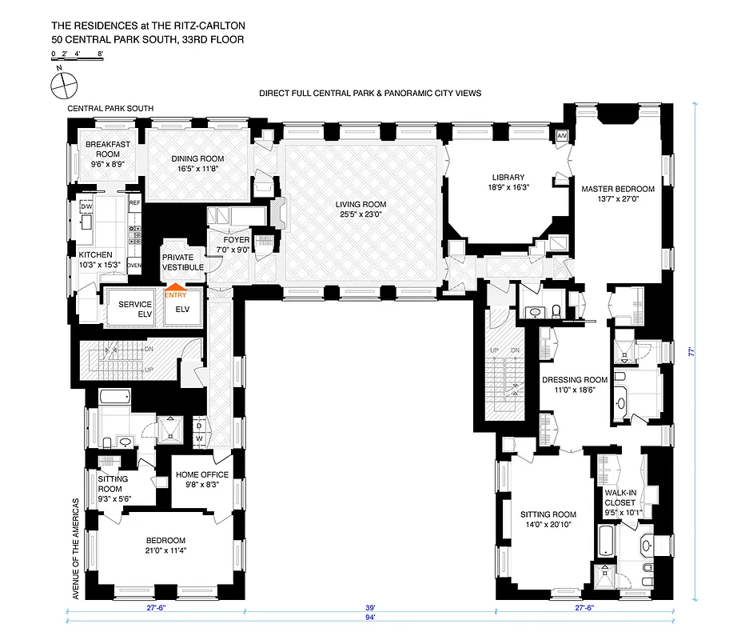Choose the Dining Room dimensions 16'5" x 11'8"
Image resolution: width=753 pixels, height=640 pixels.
197,169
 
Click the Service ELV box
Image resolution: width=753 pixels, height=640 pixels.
135,309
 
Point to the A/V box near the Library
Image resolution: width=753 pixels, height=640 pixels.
561,135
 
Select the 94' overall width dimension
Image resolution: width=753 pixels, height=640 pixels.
369,618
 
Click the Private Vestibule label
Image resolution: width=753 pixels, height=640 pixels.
182,262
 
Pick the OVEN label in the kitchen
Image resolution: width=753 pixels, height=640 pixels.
134,265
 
